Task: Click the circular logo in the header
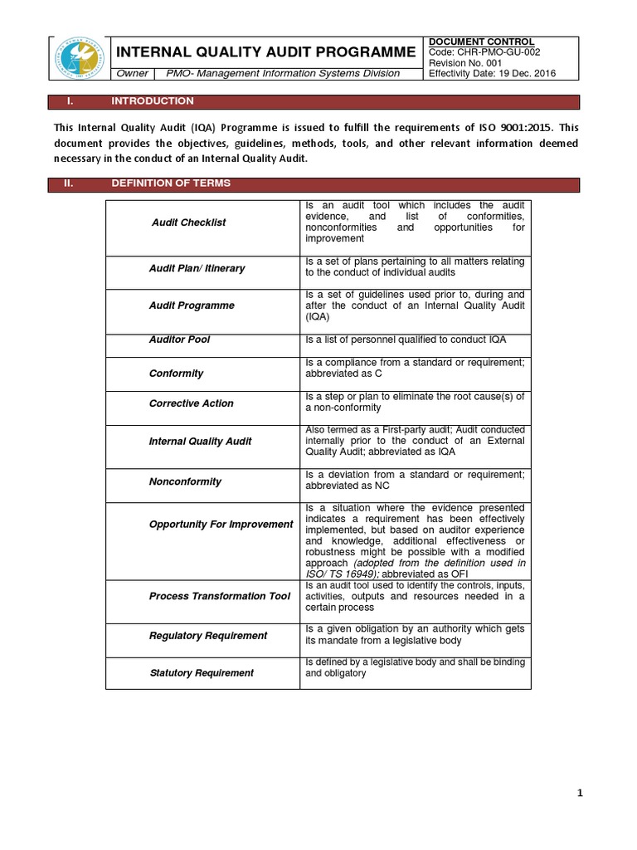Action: coord(81,57)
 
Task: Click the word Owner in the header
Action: coord(133,73)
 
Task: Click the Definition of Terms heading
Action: coord(171,183)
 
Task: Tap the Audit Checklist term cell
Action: coord(188,222)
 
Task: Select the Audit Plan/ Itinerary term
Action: coord(197,269)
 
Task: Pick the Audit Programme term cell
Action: coord(192,305)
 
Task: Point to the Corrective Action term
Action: coord(191,403)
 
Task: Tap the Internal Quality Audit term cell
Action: coord(200,442)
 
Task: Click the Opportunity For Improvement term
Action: coord(221,525)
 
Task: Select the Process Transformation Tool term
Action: coord(220,596)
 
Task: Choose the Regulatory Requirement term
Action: coord(208,636)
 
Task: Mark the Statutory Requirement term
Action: coord(202,673)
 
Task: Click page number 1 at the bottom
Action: coord(581,794)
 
